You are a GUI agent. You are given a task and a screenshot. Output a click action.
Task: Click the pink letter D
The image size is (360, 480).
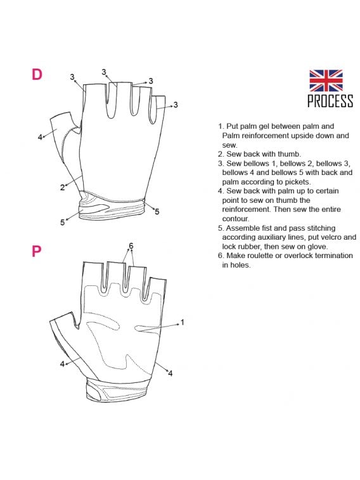(x=37, y=74)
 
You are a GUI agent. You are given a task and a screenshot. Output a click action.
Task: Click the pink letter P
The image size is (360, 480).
(x=36, y=251)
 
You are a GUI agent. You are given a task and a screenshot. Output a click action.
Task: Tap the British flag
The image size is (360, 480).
(x=326, y=81)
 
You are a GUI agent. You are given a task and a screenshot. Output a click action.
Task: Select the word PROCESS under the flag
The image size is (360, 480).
(x=330, y=101)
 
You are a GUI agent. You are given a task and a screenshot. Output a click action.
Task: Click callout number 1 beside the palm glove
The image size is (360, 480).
(x=183, y=322)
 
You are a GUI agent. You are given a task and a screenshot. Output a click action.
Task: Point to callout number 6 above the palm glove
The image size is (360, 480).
(x=131, y=245)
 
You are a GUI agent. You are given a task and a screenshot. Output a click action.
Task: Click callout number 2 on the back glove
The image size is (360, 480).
(x=62, y=187)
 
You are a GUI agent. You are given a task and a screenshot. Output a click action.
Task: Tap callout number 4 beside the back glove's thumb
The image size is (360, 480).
(x=40, y=137)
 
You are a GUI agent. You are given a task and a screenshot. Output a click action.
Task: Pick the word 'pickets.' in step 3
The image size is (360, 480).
(x=298, y=182)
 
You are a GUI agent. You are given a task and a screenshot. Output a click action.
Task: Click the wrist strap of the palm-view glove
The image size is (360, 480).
(x=118, y=391)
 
